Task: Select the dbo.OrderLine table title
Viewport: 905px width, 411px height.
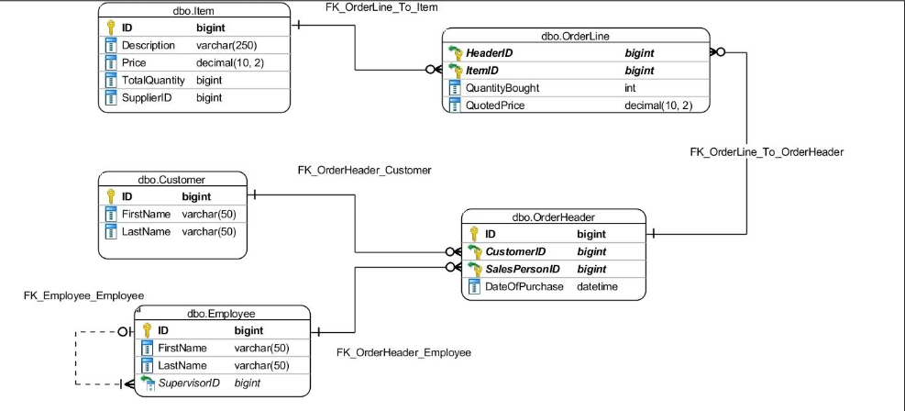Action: [x=575, y=36]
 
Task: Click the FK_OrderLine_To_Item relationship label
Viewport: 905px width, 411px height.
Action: [x=381, y=7]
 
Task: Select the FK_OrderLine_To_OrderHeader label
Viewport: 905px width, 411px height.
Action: [x=767, y=151]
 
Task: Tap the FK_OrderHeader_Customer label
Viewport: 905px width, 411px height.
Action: [x=364, y=171]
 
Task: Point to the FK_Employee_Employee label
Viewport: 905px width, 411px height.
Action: [x=83, y=295]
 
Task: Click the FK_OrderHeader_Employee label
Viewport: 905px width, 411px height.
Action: [x=403, y=352]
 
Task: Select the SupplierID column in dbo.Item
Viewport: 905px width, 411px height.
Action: [x=147, y=97]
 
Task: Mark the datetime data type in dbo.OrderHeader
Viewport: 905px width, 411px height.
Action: [x=597, y=286]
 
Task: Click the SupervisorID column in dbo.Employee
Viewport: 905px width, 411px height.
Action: [x=189, y=383]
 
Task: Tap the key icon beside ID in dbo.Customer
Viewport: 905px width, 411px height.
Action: [x=110, y=196]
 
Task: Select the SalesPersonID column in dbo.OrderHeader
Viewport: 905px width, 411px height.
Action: [x=524, y=269]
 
